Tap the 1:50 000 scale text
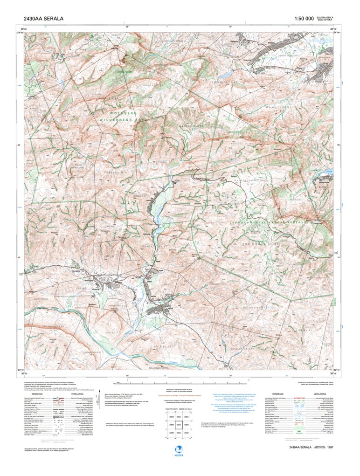pos(304,19)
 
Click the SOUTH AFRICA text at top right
pos(325,17)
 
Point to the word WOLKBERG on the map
pos(122,113)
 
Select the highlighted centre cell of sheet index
pos(178,425)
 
